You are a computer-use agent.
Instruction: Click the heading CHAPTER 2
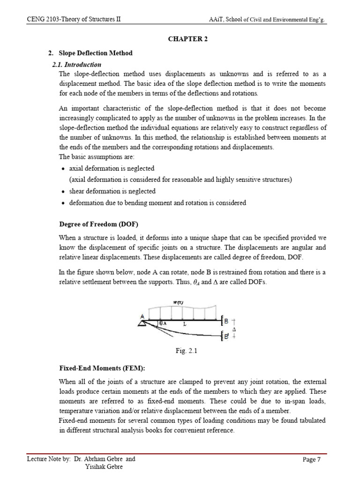tap(188, 39)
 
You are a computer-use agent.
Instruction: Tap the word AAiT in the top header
tap(217, 20)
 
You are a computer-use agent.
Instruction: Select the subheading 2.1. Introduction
tap(76, 65)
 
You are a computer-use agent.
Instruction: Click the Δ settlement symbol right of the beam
tap(233, 329)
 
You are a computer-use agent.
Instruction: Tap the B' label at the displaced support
tap(226, 337)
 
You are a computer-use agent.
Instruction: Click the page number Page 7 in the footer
tap(312, 459)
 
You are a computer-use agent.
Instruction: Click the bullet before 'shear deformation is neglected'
tap(63, 192)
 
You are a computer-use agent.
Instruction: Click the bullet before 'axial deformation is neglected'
tap(63, 169)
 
